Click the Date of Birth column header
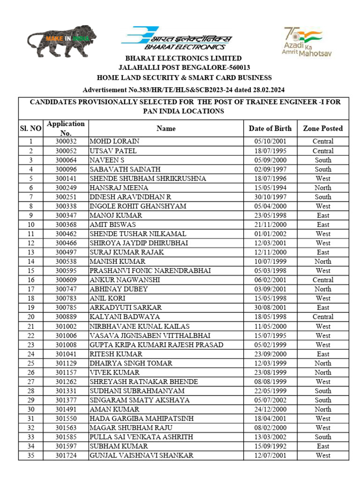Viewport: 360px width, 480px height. [270, 128]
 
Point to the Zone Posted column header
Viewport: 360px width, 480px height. [322, 128]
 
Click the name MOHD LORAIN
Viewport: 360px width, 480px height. [115, 142]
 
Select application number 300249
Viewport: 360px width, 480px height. [66, 187]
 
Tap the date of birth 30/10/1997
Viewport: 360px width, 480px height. [270, 197]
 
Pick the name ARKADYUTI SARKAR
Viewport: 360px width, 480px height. [126, 308]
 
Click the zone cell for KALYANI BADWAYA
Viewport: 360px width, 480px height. [322, 317]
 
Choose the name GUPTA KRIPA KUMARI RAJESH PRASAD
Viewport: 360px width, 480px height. [156, 345]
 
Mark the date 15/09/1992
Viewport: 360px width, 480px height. [270, 446]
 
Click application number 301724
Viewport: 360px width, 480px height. [66, 456]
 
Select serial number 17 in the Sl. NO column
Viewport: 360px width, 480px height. [31, 289]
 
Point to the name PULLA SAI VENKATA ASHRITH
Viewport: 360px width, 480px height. [141, 437]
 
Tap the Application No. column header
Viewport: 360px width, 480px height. [66, 128]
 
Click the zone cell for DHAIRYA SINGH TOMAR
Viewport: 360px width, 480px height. [322, 363]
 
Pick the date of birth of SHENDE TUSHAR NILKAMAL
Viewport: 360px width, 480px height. [270, 234]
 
